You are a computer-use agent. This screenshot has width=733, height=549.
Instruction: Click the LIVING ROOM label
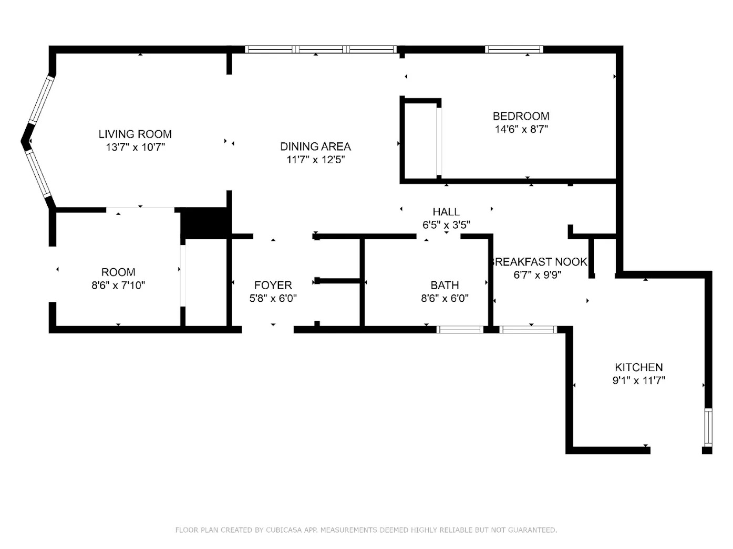[135, 134]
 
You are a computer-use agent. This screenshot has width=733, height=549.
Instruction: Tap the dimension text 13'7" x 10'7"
[136, 147]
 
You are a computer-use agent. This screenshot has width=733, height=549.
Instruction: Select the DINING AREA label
[315, 147]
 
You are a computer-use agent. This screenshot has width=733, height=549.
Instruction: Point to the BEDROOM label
[521, 116]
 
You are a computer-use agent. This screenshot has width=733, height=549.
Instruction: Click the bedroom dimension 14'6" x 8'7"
[521, 129]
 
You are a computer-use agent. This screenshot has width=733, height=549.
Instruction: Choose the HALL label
[446, 212]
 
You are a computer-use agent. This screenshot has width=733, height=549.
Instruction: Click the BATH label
[445, 286]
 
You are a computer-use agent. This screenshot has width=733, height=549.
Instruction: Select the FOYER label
[273, 286]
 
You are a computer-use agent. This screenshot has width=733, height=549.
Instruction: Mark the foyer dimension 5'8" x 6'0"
[273, 299]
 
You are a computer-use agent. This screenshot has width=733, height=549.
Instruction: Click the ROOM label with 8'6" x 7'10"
[118, 272]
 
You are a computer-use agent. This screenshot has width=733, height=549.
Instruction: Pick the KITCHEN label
[639, 367]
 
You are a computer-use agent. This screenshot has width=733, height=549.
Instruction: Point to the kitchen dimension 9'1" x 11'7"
[639, 381]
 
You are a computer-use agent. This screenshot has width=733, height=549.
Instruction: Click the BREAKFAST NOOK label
[539, 262]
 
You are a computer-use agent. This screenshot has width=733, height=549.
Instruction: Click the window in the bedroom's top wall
[513, 50]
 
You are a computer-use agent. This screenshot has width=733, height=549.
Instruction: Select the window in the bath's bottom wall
[460, 330]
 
